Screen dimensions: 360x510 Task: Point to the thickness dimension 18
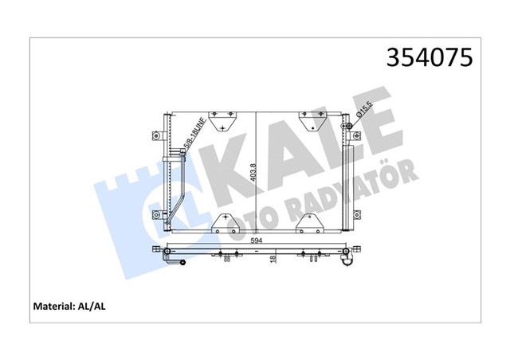coord(273,259)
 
